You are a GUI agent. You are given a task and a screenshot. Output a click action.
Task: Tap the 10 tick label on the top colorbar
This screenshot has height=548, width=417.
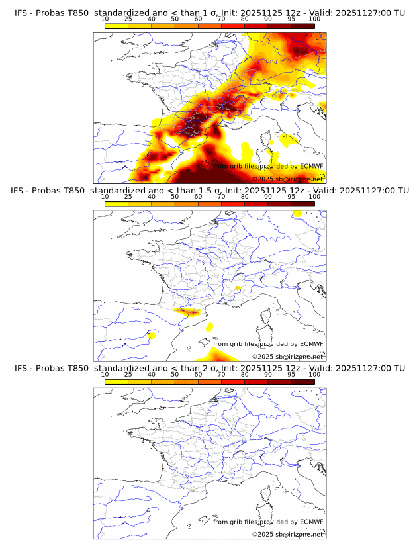[105, 19]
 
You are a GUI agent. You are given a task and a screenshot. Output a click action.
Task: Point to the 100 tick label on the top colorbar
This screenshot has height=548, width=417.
[314, 19]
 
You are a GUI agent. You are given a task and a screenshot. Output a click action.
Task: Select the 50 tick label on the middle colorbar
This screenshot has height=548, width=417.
[175, 197]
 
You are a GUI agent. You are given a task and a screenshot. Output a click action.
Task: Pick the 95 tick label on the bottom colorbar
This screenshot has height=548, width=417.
[291, 375]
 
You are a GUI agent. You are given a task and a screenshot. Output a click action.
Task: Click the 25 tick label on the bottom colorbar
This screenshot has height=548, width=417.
[128, 375]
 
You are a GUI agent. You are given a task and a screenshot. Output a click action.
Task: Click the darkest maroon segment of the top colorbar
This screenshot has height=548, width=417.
[302, 26]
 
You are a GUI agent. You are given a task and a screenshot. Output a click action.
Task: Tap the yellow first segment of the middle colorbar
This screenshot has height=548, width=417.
[116, 204]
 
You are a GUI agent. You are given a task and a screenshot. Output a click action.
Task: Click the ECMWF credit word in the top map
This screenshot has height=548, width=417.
[312, 166]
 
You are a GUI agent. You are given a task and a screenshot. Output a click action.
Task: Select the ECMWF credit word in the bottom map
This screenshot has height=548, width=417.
[312, 522]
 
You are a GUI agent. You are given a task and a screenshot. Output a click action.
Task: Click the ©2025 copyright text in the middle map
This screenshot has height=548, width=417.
[264, 357]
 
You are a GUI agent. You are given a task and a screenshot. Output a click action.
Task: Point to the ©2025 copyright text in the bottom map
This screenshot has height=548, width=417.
[264, 534]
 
